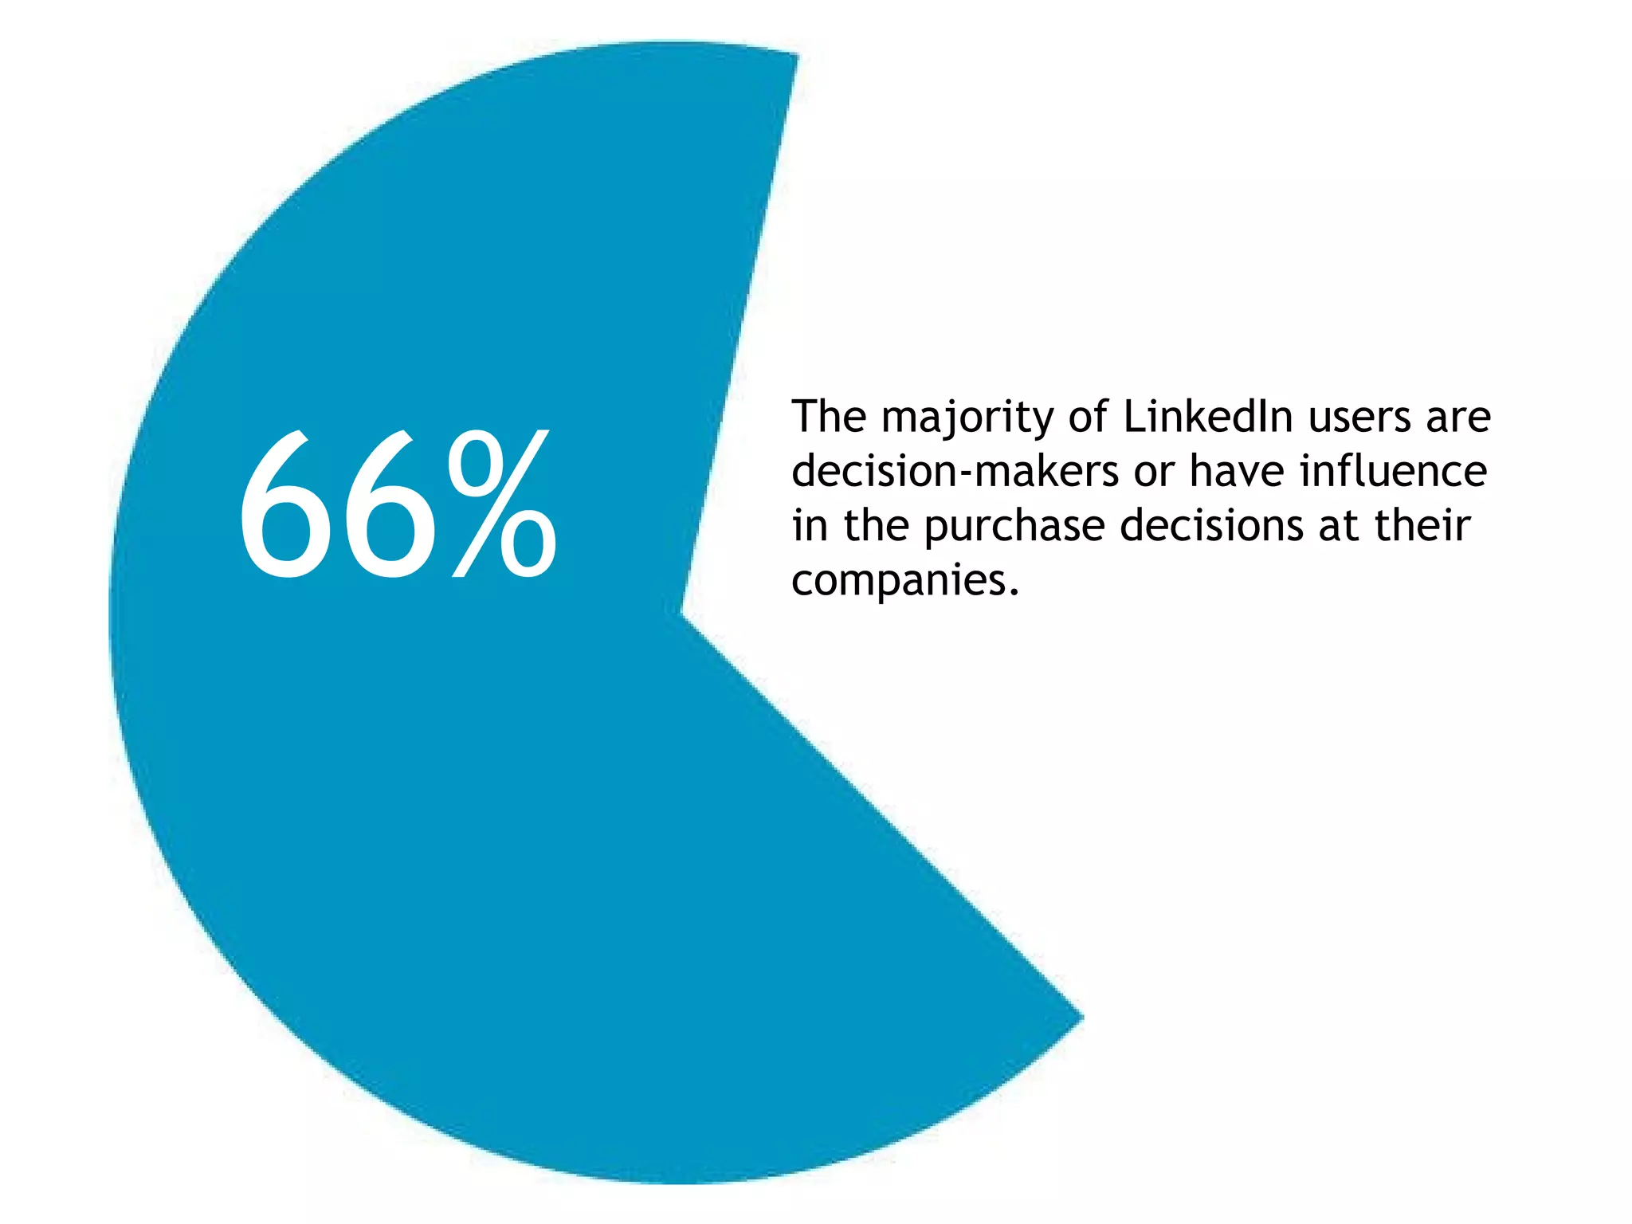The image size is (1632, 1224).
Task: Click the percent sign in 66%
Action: pyautogui.click(x=502, y=504)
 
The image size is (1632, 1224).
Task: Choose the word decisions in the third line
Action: pyautogui.click(x=1211, y=526)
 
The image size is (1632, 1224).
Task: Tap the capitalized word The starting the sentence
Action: pyautogui.click(x=829, y=417)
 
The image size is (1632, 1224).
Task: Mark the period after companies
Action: pyautogui.click(x=1014, y=593)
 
